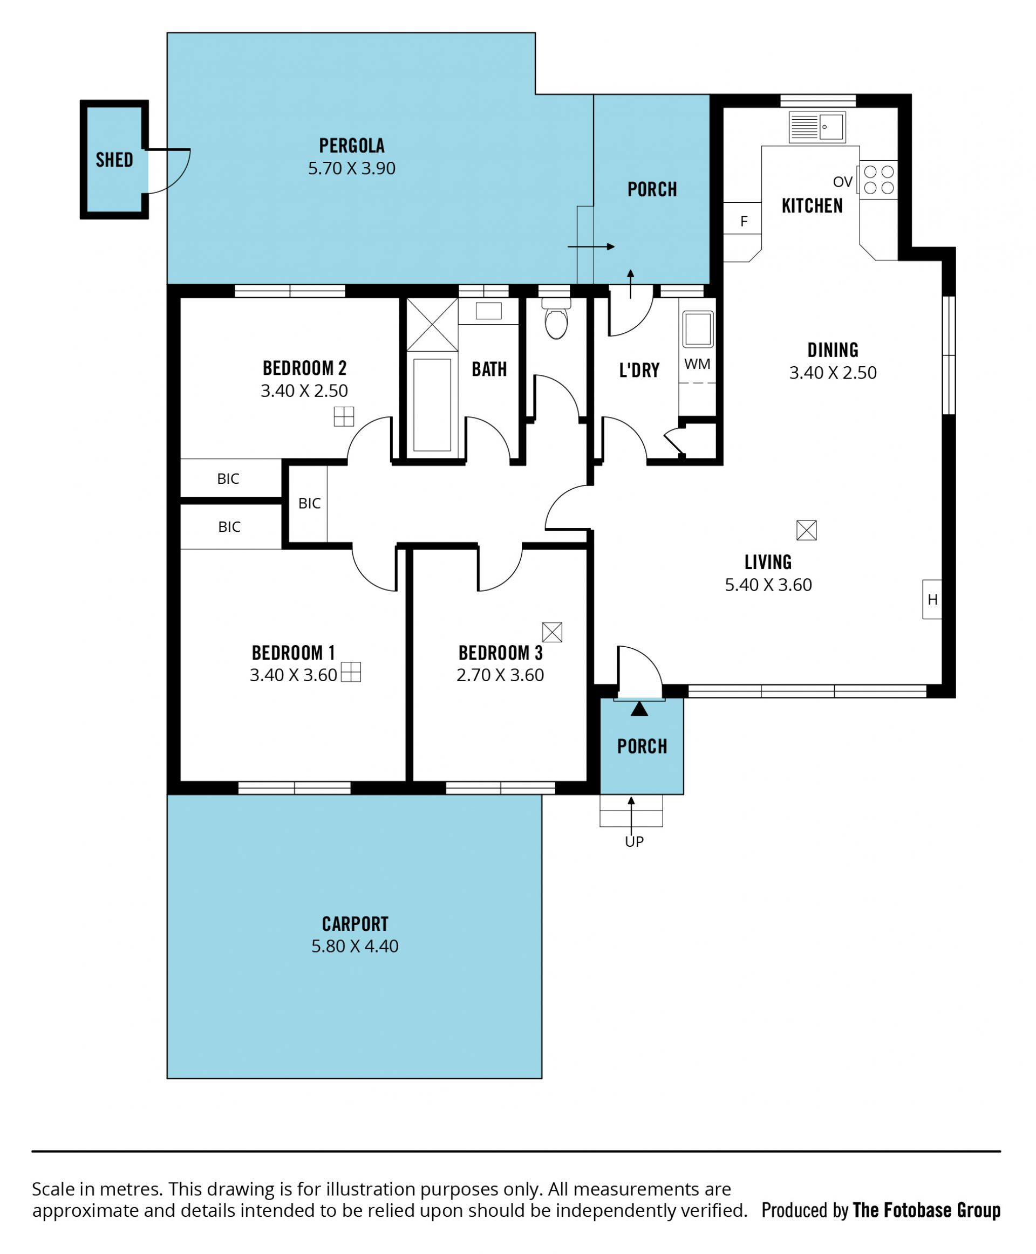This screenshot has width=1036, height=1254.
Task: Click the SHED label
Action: tap(114, 160)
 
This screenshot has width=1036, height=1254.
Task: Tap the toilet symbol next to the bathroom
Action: tap(556, 319)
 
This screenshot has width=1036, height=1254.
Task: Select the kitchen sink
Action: tap(817, 127)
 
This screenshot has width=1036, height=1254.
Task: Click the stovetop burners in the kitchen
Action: tap(878, 180)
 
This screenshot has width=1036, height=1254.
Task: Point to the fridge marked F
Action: tap(744, 221)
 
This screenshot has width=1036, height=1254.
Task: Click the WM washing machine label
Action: tap(697, 364)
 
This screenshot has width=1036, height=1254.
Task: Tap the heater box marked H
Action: tap(932, 599)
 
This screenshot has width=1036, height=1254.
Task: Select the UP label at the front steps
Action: tap(634, 841)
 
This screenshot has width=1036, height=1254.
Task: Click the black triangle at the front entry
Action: tap(639, 709)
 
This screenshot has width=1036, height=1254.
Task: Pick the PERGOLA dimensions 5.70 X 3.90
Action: tap(351, 168)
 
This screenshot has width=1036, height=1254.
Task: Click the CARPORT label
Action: tap(355, 924)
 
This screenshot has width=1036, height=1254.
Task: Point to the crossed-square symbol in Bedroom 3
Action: tap(552, 632)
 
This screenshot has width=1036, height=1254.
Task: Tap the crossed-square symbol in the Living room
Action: tap(806, 530)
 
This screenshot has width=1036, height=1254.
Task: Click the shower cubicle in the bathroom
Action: tap(432, 325)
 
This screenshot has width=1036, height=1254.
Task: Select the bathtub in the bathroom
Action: tap(432, 405)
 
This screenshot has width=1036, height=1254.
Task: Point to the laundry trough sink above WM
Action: tap(698, 328)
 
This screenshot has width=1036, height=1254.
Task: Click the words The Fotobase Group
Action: tap(927, 1210)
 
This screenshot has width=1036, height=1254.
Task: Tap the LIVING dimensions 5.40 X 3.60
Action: tap(768, 585)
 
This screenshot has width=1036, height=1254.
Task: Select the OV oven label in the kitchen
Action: tap(843, 182)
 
